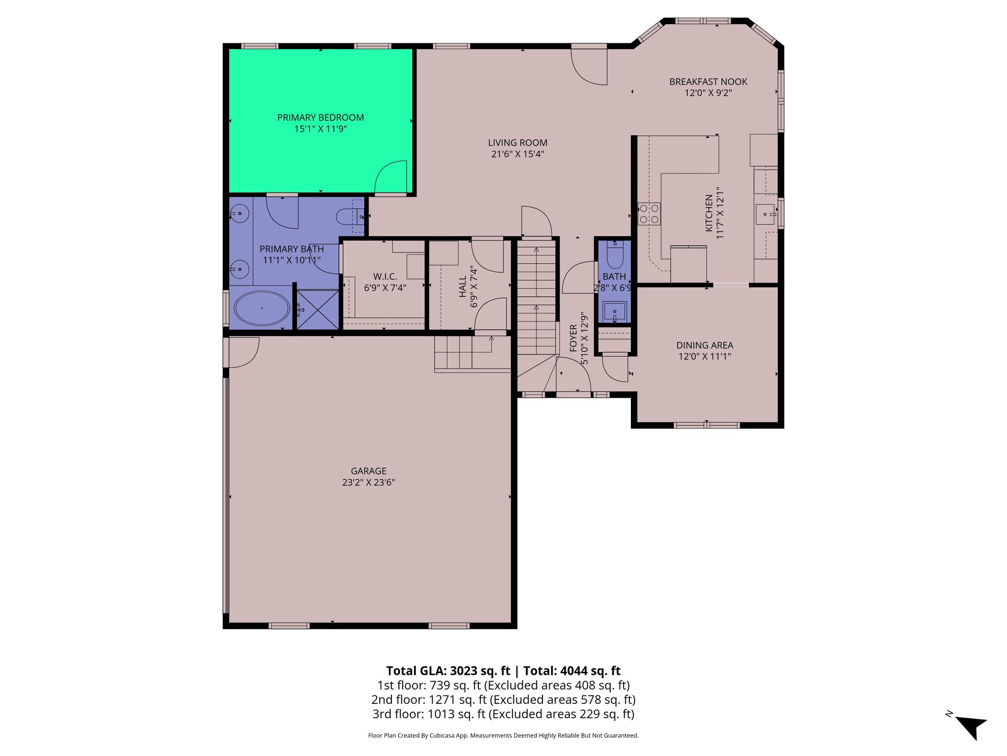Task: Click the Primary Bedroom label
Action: pos(321,118)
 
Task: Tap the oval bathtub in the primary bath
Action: pos(262,308)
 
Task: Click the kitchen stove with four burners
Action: pos(649,214)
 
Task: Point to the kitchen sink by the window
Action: pos(765,214)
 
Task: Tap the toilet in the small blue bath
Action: pos(615,254)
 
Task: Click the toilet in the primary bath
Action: pos(350,217)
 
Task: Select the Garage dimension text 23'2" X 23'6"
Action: pos(368,482)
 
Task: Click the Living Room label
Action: pos(517,143)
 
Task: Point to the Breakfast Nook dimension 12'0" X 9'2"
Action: pos(708,93)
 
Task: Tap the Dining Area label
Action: pos(705,346)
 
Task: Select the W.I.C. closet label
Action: pos(385,277)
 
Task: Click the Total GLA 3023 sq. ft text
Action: pos(447,671)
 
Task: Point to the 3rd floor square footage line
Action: pos(503,714)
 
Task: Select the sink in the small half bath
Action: pos(615,312)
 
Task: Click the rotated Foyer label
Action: pos(573,338)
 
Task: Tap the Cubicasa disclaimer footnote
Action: pos(503,735)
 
